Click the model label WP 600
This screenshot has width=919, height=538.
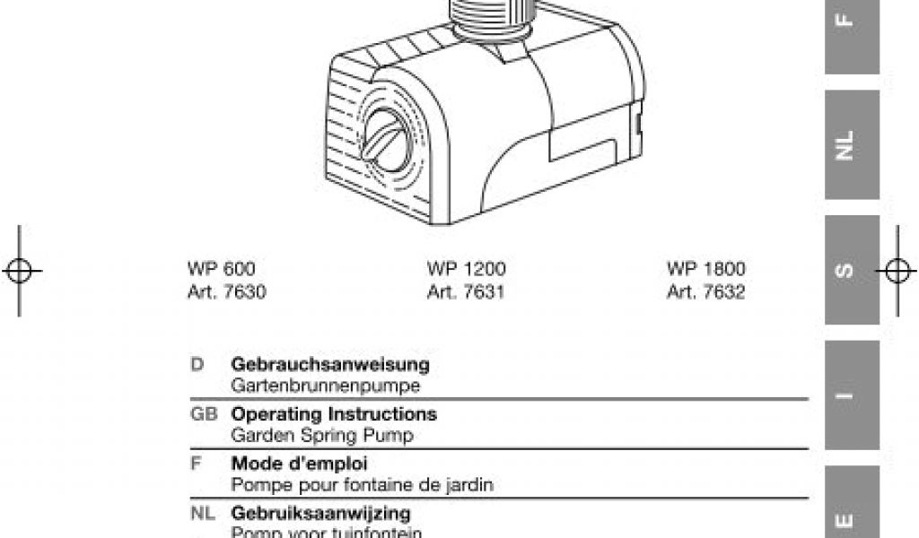point(222,269)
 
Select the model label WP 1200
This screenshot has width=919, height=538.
point(467,269)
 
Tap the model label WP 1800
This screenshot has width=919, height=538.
point(706,269)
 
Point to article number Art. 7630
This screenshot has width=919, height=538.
point(227,292)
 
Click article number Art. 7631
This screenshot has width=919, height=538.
point(467,292)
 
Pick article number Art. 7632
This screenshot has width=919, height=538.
point(706,292)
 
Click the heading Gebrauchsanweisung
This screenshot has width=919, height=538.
point(330,365)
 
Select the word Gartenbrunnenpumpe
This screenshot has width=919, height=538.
point(326,386)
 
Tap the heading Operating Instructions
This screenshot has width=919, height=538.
point(334,415)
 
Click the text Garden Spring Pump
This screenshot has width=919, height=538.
point(322,437)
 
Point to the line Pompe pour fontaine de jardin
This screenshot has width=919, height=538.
point(363,486)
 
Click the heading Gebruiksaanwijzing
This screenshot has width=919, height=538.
point(321,514)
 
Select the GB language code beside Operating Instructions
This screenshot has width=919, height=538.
point(205,415)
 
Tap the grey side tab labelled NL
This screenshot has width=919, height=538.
point(853,143)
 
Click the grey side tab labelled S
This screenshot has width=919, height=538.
point(853,269)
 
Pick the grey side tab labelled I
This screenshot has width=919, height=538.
point(853,395)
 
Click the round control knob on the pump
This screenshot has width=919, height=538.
point(390,139)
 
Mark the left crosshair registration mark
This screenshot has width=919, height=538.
point(20,270)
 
